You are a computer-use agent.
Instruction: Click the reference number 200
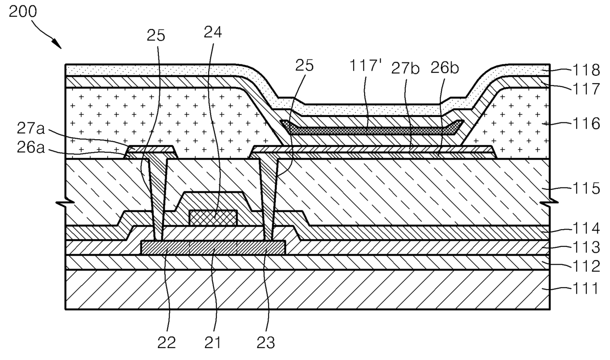pos(23,12)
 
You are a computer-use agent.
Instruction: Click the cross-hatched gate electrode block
pos(213,217)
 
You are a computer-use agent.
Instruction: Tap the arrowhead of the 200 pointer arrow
pos(60,47)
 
